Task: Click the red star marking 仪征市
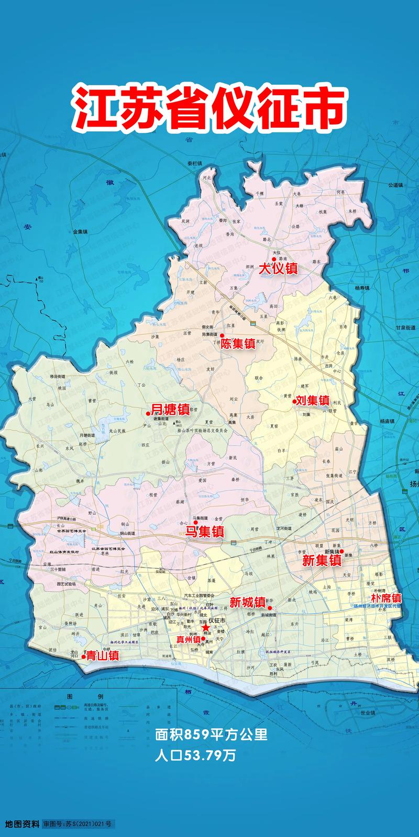pos(206,627)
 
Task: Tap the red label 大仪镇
pos(279,269)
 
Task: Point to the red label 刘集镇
pos(312,401)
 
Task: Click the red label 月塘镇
pos(170,409)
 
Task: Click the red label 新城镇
pos(247,603)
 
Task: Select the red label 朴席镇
pos(386,598)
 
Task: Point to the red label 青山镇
pos(103,655)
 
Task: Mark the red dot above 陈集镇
pos(222,335)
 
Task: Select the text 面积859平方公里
pos(212,735)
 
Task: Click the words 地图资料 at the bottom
pos(22,824)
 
